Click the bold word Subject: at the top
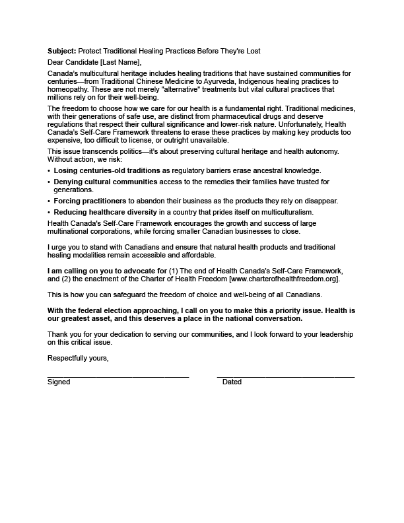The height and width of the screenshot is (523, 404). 62,52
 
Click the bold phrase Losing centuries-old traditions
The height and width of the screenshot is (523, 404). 107,170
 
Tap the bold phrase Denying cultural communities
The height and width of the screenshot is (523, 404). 106,182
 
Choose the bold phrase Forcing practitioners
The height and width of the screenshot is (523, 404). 90,201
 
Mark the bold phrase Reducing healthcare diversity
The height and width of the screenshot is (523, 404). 106,212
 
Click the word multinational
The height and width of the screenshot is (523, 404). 71,232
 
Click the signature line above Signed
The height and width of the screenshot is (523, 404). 118,376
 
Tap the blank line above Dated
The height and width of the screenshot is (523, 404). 285,376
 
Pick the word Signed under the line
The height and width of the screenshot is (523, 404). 59,382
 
